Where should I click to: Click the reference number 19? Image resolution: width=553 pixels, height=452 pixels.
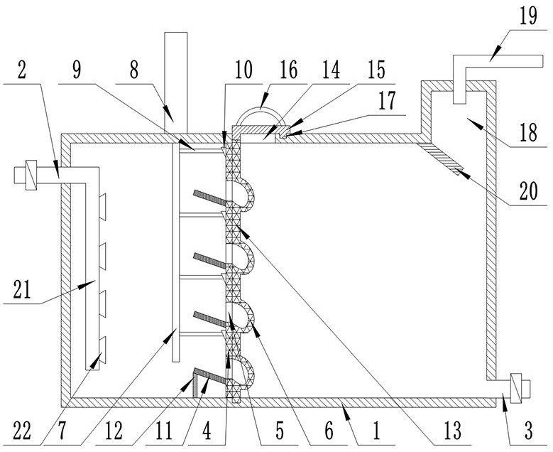528,16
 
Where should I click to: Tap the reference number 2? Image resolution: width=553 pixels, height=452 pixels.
22,70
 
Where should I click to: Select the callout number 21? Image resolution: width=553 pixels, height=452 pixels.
23,289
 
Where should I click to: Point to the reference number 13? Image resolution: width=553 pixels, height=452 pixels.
452,431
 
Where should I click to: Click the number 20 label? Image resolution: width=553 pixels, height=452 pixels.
528,191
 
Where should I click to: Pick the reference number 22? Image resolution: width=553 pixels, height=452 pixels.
22,431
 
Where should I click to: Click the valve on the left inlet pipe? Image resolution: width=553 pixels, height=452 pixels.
31,175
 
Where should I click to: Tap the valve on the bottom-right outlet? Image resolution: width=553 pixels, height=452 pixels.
515,388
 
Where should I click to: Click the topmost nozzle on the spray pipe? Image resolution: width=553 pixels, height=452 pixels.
102,207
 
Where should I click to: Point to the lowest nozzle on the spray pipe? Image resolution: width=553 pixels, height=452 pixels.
102,350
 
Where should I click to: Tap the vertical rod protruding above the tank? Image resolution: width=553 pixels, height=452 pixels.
175,82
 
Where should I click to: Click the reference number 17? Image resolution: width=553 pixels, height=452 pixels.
387,101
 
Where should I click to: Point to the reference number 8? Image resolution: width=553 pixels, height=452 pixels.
134,70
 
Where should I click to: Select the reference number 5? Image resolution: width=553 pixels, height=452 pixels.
279,431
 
